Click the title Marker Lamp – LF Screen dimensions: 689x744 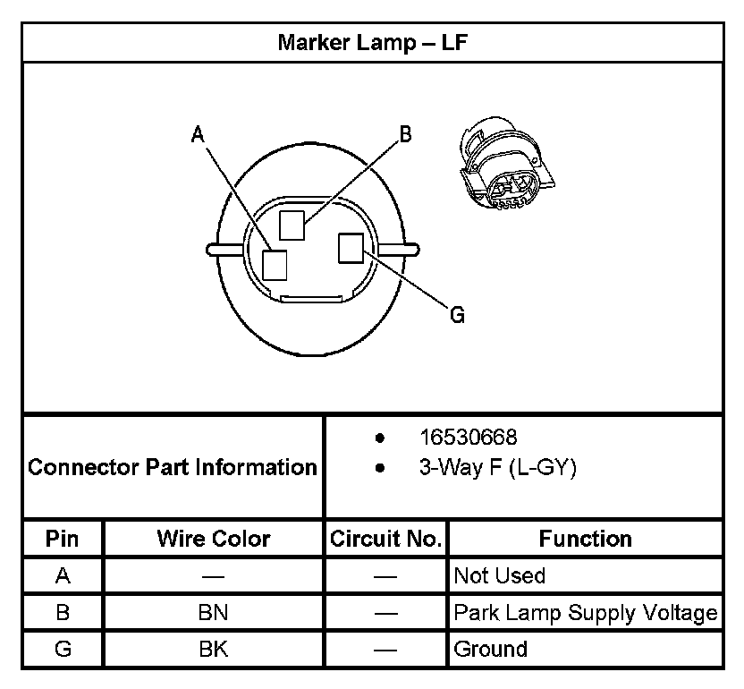372,42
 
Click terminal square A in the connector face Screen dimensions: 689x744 275,265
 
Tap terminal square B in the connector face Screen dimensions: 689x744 292,224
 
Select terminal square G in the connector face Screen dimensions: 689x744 350,248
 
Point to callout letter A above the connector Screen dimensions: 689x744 198,134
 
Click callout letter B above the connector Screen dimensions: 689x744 405,134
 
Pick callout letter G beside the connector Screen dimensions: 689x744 457,315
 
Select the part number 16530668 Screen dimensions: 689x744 468,438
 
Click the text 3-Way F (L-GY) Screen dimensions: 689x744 497,468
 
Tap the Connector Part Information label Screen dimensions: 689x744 173,467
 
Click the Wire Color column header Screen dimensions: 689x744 214,539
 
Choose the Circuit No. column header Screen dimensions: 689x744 385,539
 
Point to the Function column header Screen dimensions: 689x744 585,539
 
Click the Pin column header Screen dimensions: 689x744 63,539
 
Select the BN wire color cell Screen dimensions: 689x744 214,613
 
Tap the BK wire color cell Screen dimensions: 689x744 214,649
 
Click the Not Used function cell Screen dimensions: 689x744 499,575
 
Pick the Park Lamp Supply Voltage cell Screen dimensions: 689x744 585,613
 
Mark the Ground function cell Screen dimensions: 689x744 490,649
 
